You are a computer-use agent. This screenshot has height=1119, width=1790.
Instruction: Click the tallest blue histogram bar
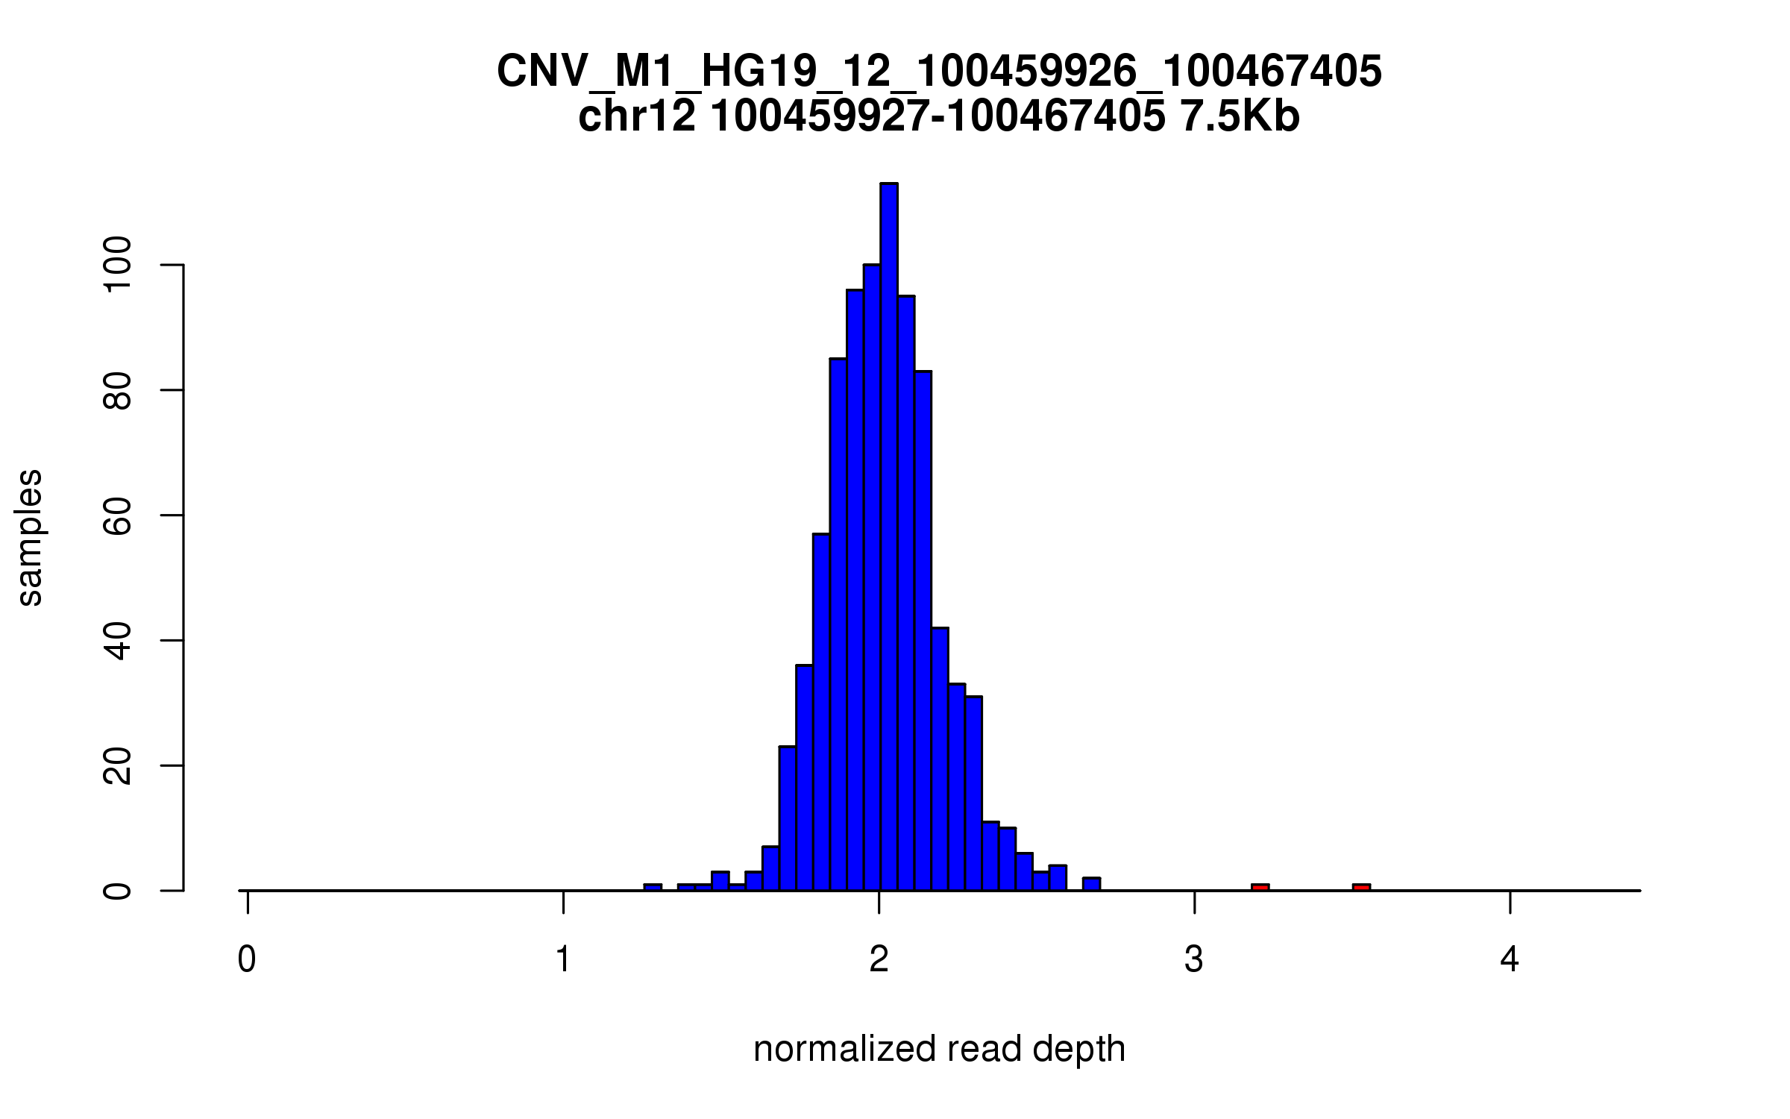888,537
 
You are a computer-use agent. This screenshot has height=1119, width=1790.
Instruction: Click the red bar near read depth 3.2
1260,887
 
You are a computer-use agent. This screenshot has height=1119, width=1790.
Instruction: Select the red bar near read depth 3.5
1361,887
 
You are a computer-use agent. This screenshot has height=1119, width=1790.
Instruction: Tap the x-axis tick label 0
247,959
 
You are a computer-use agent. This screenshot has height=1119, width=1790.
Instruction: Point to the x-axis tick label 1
563,959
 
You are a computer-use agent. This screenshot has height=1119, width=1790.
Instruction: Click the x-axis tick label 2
879,959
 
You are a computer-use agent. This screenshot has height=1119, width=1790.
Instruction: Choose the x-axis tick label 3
1194,959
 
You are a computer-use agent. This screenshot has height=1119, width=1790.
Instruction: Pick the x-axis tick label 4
1510,959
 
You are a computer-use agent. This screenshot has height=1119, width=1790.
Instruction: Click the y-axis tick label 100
118,266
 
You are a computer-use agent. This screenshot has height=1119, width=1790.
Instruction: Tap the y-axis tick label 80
118,390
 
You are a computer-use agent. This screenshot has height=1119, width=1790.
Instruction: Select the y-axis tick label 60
118,515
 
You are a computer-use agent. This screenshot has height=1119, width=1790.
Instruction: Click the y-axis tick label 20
118,765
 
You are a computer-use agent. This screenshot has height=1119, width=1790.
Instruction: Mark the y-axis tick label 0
118,890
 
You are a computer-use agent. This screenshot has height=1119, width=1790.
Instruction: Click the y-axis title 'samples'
30,537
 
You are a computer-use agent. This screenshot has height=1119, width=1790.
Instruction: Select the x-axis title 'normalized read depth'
939,1049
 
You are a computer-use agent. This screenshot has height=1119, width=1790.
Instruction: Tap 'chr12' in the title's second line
636,117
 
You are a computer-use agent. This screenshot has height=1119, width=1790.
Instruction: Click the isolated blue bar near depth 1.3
653,887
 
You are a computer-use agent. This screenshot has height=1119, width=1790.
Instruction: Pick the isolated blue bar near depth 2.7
1091,884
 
